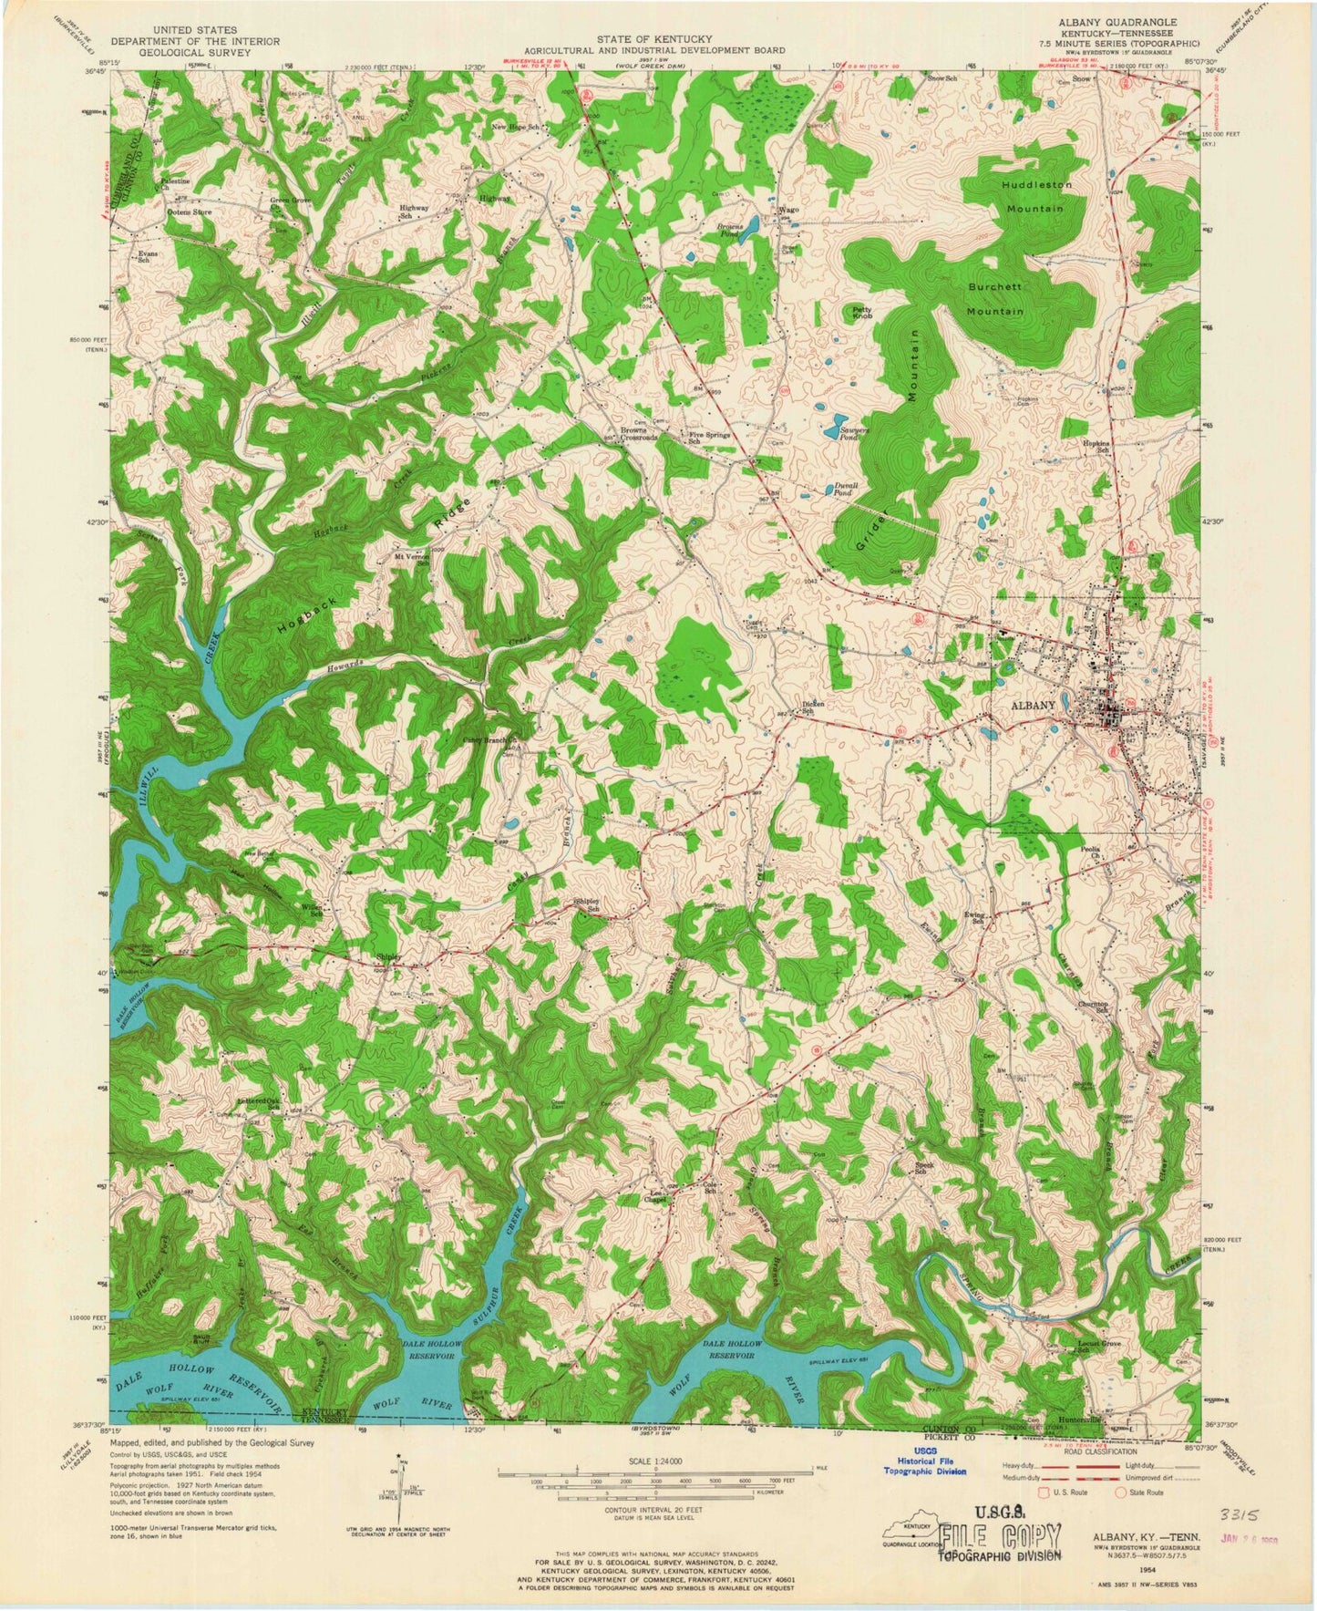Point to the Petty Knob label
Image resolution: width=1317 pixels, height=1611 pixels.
[861, 312]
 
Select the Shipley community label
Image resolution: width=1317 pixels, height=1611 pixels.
[389, 956]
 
